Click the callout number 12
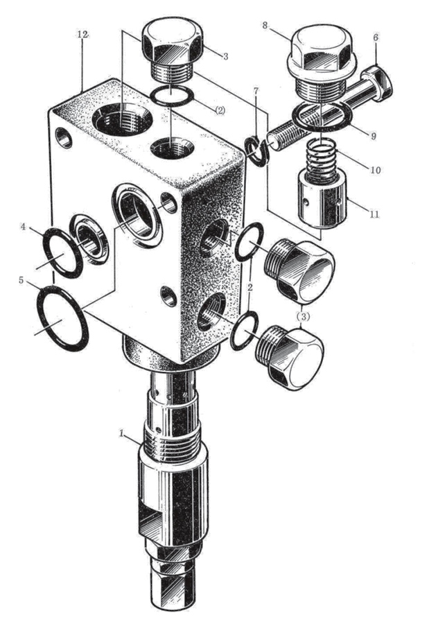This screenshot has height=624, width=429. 82,35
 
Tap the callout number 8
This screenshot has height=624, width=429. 265,26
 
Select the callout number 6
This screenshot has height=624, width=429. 376,37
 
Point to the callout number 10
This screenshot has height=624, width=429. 375,170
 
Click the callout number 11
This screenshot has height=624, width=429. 374,214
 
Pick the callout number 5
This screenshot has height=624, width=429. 21,280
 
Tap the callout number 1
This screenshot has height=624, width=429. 122,433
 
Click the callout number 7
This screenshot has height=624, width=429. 256,91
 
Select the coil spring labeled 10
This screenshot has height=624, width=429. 322,159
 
